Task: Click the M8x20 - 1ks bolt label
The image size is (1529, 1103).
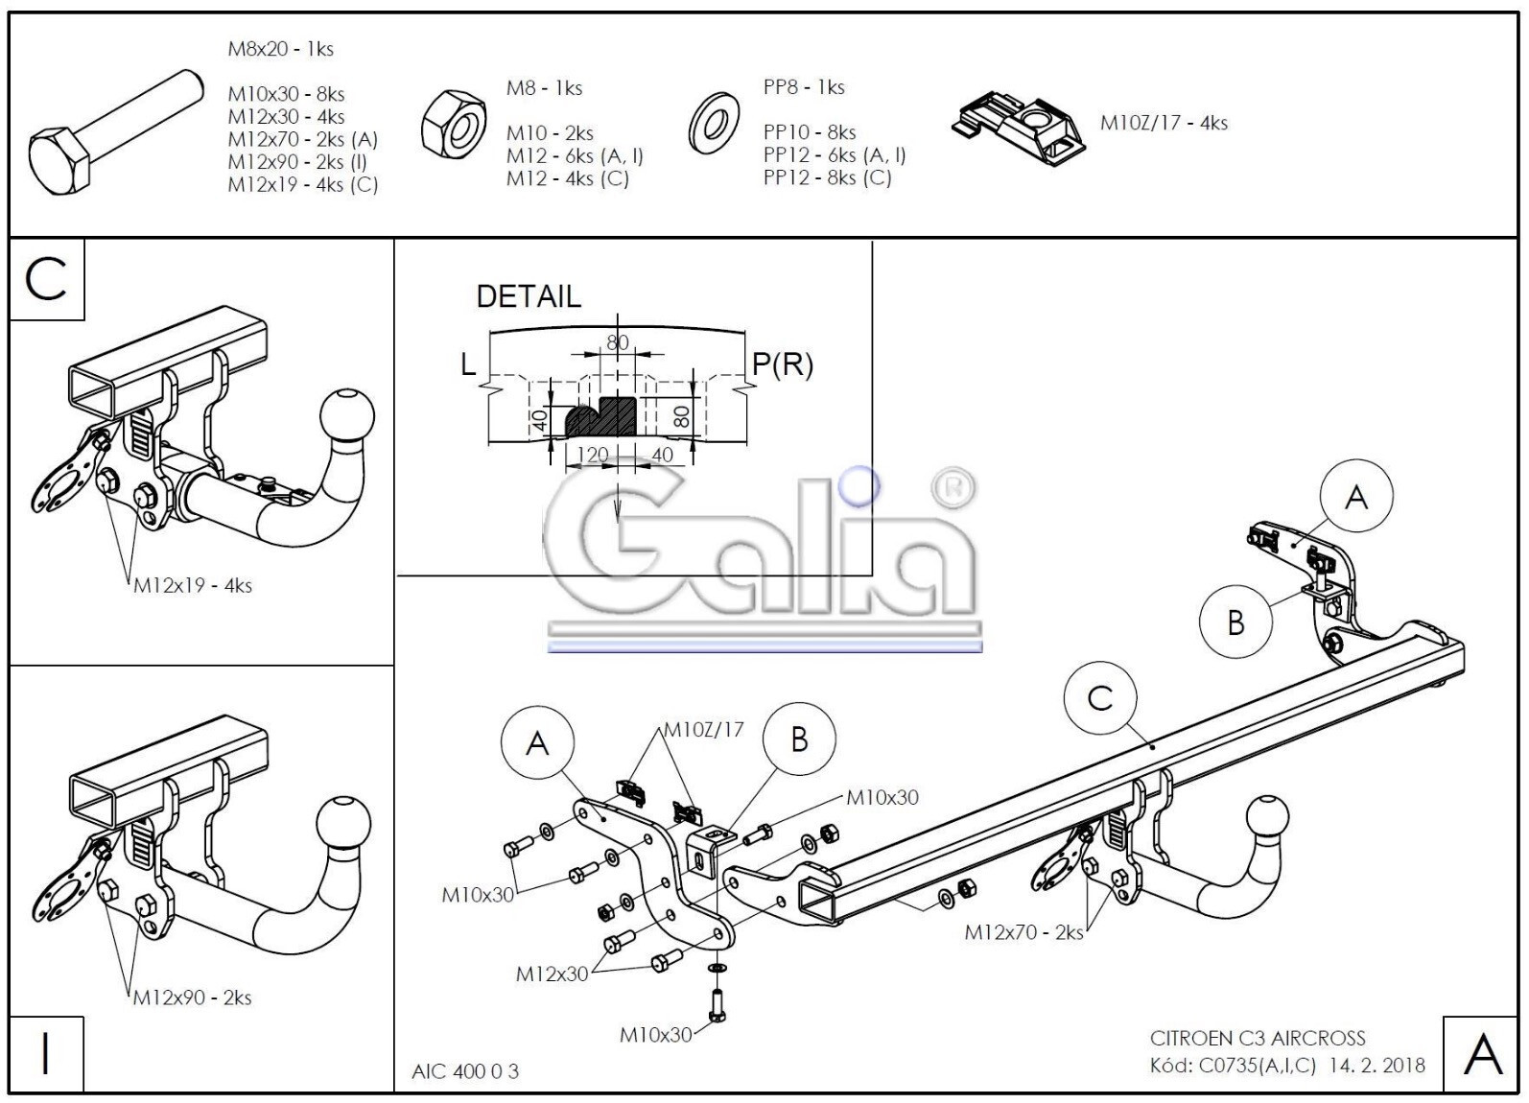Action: pos(280,49)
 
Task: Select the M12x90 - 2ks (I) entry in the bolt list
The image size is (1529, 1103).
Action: pos(297,162)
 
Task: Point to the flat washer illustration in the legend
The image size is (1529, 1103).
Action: pos(714,124)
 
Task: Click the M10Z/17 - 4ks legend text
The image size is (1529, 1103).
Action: pos(1164,123)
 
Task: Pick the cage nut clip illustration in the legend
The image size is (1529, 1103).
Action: pos(1019,128)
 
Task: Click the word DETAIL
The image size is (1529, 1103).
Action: pos(529,296)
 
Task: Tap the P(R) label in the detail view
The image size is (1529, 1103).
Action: pos(783,364)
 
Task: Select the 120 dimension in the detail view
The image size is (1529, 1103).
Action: pos(592,455)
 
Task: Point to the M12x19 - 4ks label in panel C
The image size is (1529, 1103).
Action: pos(193,586)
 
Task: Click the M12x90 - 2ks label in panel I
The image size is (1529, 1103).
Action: pos(192,997)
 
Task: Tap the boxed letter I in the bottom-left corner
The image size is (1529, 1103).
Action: pos(46,1054)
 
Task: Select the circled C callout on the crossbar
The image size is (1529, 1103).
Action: pos(1100,698)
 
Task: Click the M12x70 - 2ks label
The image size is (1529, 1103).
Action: pos(1023,932)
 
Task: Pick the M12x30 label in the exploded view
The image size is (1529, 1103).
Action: pos(552,974)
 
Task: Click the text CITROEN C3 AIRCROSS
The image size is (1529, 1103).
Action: pos(1258,1038)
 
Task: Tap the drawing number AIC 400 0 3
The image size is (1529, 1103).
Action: pos(465,1071)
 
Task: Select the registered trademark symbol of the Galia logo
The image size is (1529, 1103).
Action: pos(953,487)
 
